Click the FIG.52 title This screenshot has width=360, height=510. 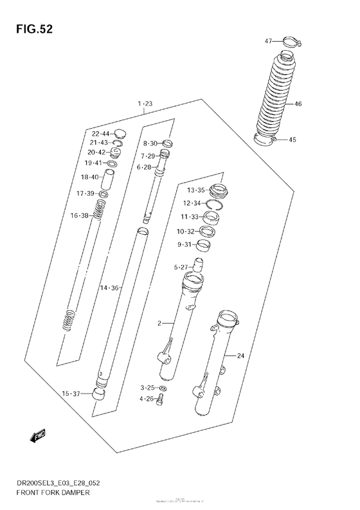pos(30,30)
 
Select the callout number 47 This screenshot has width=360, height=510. pos(269,41)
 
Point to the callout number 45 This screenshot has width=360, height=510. pos(292,140)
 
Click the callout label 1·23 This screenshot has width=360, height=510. pos(145,104)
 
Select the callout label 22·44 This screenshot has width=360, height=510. pos(100,133)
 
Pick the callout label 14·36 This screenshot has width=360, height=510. pos(110,287)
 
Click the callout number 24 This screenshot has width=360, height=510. pos(241,356)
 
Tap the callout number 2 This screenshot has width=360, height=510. pos(159,323)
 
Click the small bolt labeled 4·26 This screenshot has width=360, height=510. pos(162,400)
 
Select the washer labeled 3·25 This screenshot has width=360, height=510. pos(163,388)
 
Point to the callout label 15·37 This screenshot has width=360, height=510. pos(71,394)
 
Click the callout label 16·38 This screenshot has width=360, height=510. pos(80,215)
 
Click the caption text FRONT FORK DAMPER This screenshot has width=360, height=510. pos(48,491)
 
